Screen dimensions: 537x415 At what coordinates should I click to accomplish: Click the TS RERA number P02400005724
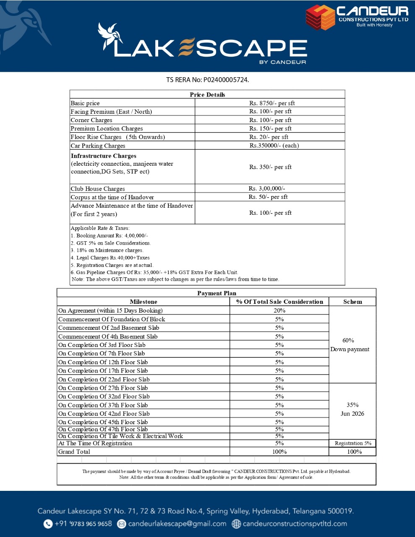[x=226, y=80]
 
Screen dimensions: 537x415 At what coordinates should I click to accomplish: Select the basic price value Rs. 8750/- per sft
[x=272, y=103]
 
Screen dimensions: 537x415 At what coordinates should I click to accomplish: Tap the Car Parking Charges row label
[x=98, y=146]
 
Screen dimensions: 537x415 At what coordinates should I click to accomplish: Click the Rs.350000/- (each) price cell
[x=274, y=146]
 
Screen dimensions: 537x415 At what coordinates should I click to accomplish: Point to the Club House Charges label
[x=98, y=189]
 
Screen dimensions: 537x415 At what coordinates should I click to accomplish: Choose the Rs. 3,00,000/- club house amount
[x=267, y=189]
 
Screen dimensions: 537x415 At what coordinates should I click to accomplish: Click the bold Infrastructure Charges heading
[x=103, y=156]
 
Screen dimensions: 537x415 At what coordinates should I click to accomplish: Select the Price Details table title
[x=207, y=94]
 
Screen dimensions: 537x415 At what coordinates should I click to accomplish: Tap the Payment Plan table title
[x=217, y=293]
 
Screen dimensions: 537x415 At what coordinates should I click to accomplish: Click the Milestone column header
[x=144, y=302]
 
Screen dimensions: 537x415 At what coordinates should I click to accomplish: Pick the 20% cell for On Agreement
[x=279, y=310]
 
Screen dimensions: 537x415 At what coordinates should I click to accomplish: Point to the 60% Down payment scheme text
[x=350, y=345]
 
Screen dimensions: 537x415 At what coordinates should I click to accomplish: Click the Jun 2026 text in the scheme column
[x=352, y=414]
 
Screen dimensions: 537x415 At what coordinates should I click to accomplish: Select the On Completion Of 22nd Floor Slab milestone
[x=104, y=379]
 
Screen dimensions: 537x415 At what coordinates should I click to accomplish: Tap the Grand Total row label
[x=74, y=452]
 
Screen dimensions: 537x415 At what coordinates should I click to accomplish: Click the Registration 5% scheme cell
[x=353, y=443]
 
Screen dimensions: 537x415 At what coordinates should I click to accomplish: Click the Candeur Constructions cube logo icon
[x=320, y=17]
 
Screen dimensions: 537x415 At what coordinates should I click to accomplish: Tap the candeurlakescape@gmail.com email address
[x=177, y=524]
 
